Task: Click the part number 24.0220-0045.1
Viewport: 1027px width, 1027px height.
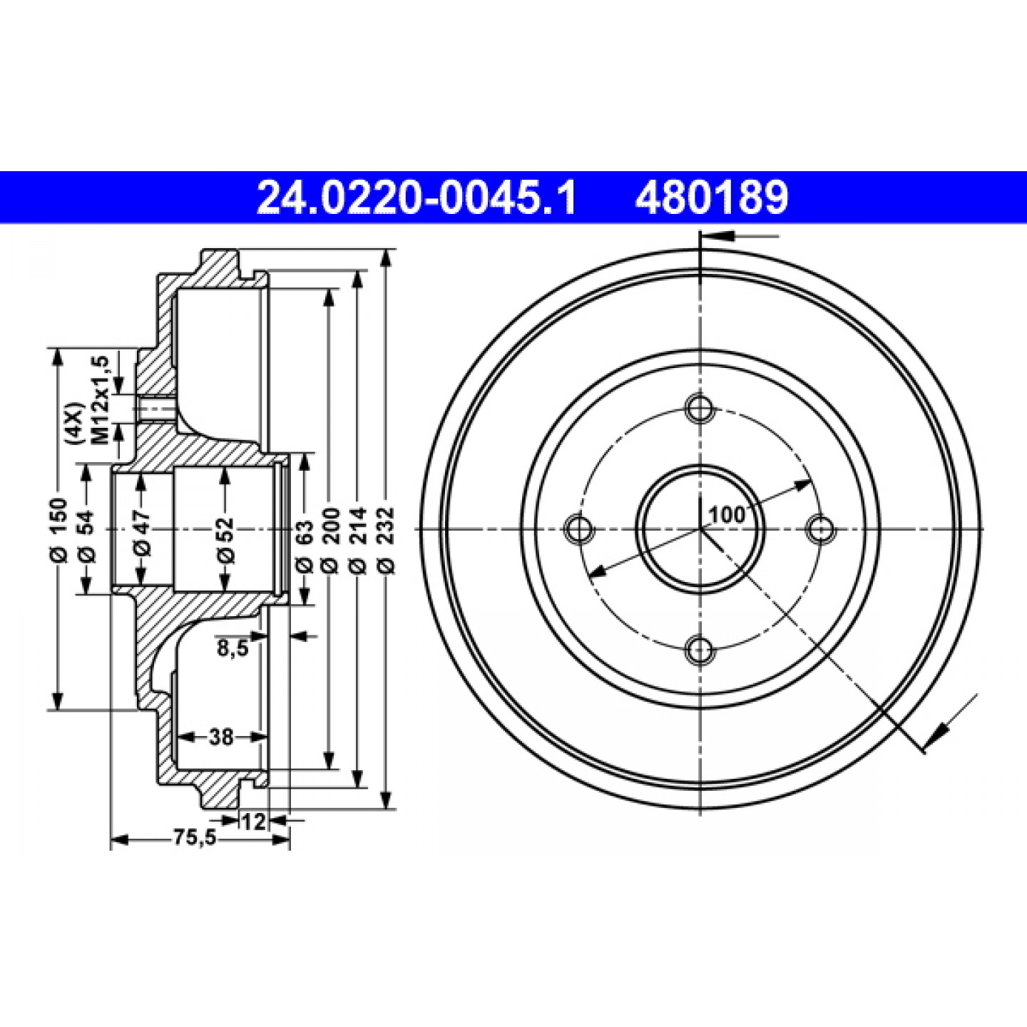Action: coord(417,198)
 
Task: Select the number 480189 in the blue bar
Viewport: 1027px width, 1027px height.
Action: coord(712,198)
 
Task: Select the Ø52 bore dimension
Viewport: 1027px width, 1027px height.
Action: coord(226,538)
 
